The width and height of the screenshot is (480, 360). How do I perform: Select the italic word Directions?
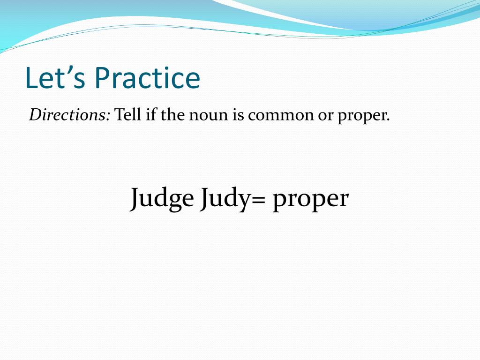[x=67, y=115]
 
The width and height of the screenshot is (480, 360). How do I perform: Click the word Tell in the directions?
[x=127, y=115]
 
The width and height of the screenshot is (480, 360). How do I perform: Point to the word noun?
[x=209, y=116]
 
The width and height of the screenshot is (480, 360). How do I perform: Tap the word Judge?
[x=162, y=199]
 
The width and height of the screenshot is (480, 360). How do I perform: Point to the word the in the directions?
[x=172, y=115]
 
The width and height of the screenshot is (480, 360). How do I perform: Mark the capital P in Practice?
[x=103, y=78]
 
